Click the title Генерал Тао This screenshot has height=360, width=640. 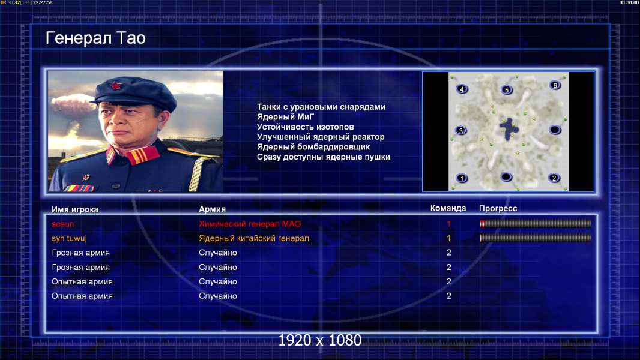point(95,38)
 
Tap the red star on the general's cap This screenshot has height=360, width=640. point(115,86)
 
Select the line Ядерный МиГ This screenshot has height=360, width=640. point(285,116)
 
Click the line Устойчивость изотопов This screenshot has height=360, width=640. point(306,127)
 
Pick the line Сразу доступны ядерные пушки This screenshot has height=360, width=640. point(323,157)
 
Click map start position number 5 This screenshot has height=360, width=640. point(507,90)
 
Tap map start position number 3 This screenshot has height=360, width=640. point(461,130)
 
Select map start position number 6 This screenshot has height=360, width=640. point(555,85)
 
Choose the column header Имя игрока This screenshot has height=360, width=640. point(74,209)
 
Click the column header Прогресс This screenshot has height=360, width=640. point(498,209)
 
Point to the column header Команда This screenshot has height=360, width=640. point(448,208)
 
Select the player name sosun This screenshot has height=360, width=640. point(63,224)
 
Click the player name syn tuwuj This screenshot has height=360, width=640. point(69,239)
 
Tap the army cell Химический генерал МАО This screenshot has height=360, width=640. point(250,224)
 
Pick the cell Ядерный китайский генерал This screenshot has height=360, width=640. point(254,238)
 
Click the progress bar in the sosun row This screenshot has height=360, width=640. point(536,223)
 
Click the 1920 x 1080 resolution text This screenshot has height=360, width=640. point(319,340)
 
